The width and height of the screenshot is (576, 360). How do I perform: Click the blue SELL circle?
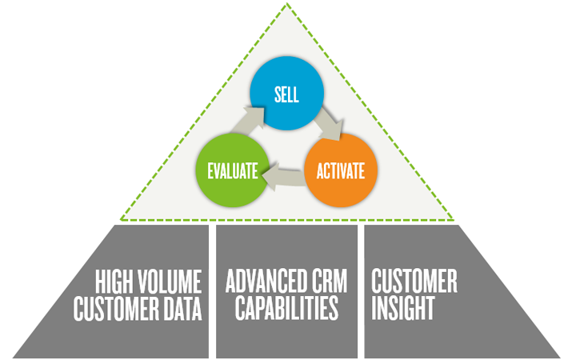pos(286,95)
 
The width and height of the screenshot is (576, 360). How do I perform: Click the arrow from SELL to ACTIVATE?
pos(329,126)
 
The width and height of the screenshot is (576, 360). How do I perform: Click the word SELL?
pos(286,95)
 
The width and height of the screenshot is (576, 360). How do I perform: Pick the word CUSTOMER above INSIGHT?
pos(414,282)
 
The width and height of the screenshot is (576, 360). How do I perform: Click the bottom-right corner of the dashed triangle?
pos(454,219)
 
